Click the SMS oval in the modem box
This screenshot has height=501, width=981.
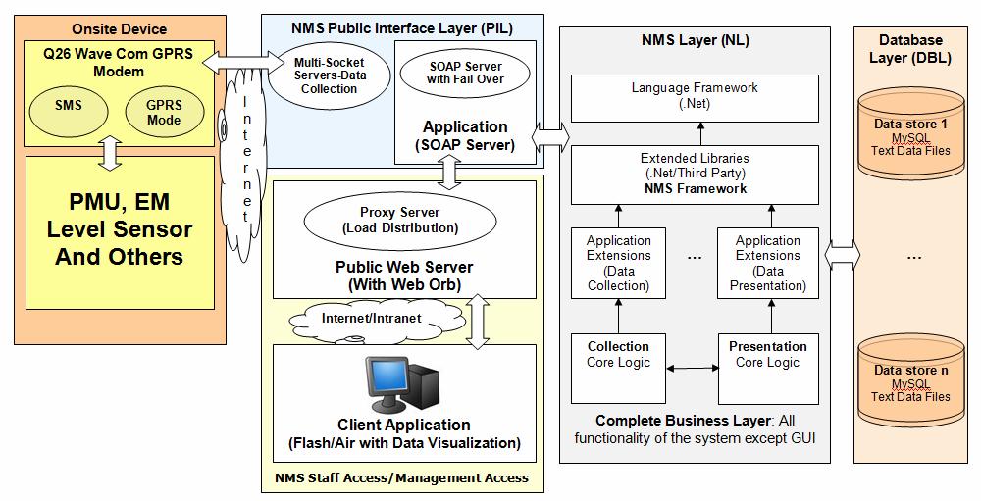[69, 108]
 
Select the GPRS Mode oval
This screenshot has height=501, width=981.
[165, 113]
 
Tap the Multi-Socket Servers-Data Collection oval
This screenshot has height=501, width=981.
[329, 75]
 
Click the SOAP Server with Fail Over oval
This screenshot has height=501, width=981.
[465, 73]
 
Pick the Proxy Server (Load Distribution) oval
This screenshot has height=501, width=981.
[400, 221]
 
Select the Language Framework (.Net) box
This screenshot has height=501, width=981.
[695, 98]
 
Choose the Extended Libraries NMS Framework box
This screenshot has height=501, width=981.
[695, 175]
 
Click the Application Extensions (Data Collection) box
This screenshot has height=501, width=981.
[618, 263]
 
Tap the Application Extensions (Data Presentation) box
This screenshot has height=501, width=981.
[768, 263]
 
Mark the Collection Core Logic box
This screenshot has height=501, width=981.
[618, 369]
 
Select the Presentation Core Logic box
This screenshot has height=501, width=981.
[768, 369]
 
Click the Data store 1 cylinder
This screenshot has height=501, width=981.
[911, 134]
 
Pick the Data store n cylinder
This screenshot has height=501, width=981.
[911, 380]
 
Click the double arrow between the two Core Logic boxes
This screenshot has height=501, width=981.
[692, 369]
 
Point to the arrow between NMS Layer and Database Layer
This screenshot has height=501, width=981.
[842, 255]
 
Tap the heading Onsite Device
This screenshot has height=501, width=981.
[120, 28]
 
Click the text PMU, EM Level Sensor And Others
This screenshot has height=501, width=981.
[120, 228]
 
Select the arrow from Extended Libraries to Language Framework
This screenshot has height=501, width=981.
[700, 134]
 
